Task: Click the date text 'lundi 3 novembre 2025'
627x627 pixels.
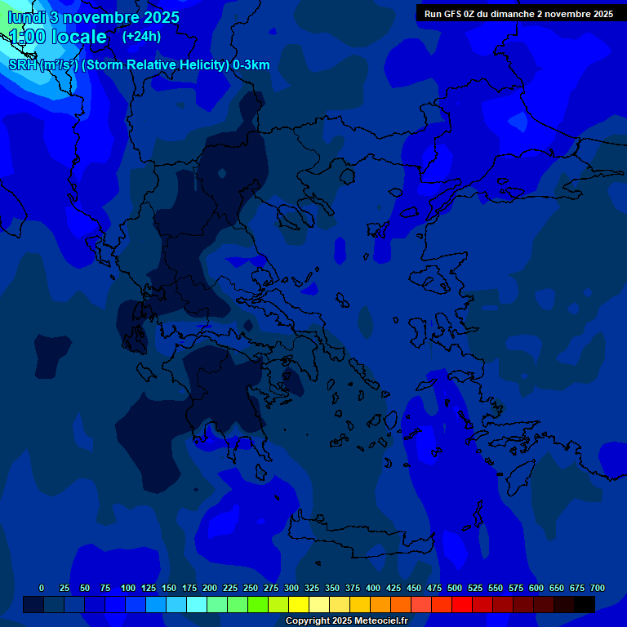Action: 94,17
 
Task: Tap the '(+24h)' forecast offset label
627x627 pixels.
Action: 141,36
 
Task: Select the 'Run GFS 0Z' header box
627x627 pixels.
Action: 518,13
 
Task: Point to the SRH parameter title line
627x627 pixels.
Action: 139,65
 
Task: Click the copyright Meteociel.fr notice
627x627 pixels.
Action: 346,620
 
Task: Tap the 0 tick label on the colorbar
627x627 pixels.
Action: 42,588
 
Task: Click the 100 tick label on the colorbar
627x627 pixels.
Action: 128,588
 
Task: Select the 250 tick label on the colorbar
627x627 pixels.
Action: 251,588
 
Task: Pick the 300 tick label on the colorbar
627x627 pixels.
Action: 291,588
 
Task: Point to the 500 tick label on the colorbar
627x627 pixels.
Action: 455,588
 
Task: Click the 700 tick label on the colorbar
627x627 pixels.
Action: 598,588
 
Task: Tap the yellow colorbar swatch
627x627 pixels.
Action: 299,604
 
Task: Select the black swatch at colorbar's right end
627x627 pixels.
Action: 585,604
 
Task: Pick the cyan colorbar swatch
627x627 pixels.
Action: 197,604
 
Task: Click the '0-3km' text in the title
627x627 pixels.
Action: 251,65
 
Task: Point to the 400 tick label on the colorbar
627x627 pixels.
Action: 373,588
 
